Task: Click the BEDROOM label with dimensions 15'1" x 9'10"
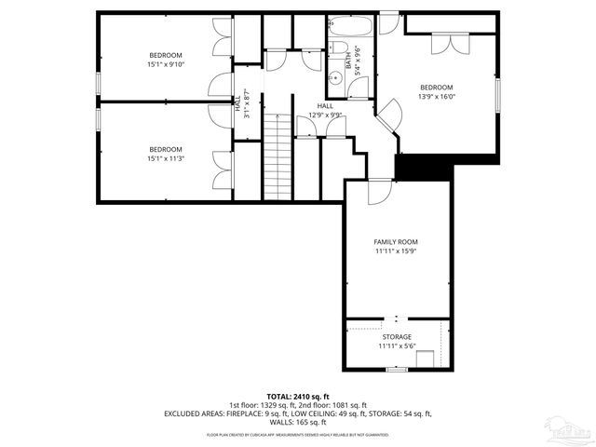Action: tap(166, 60)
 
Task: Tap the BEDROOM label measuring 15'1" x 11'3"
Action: tap(166, 154)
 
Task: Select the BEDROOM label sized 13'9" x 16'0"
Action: tap(436, 91)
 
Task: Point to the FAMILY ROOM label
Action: tap(395, 246)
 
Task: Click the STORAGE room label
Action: tap(395, 341)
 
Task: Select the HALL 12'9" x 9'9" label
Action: tap(325, 111)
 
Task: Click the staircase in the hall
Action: tap(277, 154)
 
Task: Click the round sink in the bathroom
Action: tap(334, 77)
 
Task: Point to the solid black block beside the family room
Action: tap(424, 169)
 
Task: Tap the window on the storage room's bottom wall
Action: tap(397, 370)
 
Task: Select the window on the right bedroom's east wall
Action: tap(499, 93)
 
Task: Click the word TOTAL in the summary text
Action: tap(280, 396)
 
